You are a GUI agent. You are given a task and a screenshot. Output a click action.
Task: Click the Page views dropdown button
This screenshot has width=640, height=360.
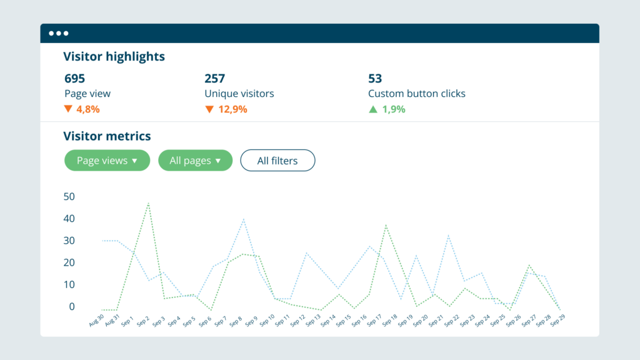pyautogui.click(x=107, y=161)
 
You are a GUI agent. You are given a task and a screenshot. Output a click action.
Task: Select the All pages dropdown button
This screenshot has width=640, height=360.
pyautogui.click(x=195, y=161)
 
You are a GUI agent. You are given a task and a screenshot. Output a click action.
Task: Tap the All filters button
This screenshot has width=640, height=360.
pyautogui.click(x=277, y=161)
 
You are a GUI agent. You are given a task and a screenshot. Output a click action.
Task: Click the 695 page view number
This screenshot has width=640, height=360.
pyautogui.click(x=74, y=79)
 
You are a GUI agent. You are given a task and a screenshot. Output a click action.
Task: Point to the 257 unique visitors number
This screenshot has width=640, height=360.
pyautogui.click(x=214, y=79)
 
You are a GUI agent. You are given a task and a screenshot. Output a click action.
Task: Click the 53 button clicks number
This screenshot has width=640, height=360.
pyautogui.click(x=375, y=79)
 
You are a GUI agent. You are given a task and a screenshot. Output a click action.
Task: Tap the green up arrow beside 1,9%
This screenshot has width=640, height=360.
pyautogui.click(x=373, y=109)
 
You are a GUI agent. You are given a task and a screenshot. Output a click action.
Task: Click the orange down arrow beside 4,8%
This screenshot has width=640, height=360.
pyautogui.click(x=68, y=109)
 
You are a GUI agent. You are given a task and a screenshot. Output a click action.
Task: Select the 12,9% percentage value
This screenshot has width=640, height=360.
pyautogui.click(x=232, y=109)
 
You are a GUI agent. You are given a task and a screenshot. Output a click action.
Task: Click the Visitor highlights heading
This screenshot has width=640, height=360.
pyautogui.click(x=114, y=56)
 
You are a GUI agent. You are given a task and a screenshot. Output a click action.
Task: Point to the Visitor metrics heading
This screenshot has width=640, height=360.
pyautogui.click(x=107, y=136)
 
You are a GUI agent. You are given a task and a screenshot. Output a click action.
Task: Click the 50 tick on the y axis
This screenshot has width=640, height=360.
pyautogui.click(x=69, y=196)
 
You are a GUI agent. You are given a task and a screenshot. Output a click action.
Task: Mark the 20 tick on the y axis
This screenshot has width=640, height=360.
pyautogui.click(x=69, y=262)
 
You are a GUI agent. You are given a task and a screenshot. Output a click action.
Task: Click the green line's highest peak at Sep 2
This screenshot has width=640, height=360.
pyautogui.click(x=149, y=202)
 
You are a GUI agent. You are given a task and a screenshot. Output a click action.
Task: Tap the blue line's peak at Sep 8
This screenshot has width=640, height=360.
pyautogui.click(x=243, y=219)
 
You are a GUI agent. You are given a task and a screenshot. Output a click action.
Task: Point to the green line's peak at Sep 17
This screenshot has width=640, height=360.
pyautogui.click(x=386, y=224)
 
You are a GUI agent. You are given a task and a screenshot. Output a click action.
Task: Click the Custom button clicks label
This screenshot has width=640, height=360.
pyautogui.click(x=416, y=94)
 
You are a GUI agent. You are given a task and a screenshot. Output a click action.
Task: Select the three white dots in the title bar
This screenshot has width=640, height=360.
pyautogui.click(x=59, y=33)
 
